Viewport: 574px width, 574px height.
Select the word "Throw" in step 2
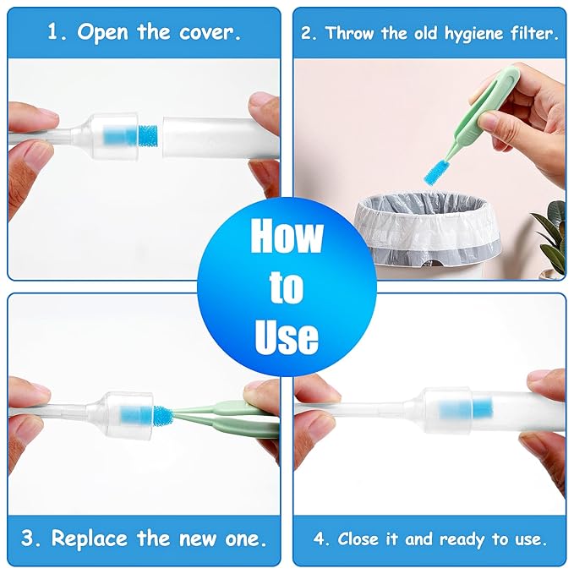[347, 34]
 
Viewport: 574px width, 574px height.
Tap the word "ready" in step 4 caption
[462, 538]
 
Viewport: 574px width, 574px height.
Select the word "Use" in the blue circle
[287, 336]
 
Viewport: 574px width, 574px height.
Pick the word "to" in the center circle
[287, 287]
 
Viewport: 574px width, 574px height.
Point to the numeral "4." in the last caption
[320, 538]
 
